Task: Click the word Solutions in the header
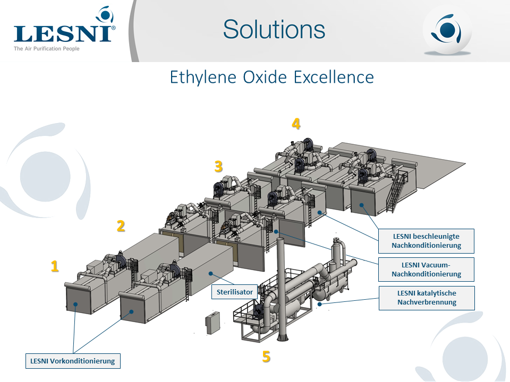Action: [274, 29]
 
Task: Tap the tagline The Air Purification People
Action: [47, 49]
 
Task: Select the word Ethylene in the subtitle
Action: [202, 77]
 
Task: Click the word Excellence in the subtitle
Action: [334, 77]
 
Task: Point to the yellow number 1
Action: [55, 266]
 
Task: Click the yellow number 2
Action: [121, 226]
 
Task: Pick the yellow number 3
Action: [218, 166]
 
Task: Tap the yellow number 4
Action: [296, 124]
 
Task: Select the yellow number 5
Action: [266, 357]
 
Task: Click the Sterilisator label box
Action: [234, 292]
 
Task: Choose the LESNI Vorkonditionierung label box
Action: [73, 361]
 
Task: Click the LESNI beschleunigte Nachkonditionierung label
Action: [426, 241]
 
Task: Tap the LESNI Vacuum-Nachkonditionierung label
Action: [426, 270]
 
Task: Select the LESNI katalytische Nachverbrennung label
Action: [427, 298]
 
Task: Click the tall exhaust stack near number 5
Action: [281, 289]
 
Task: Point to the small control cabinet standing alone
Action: [212, 323]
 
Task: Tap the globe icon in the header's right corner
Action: [447, 30]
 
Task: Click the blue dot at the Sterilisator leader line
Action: [211, 274]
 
